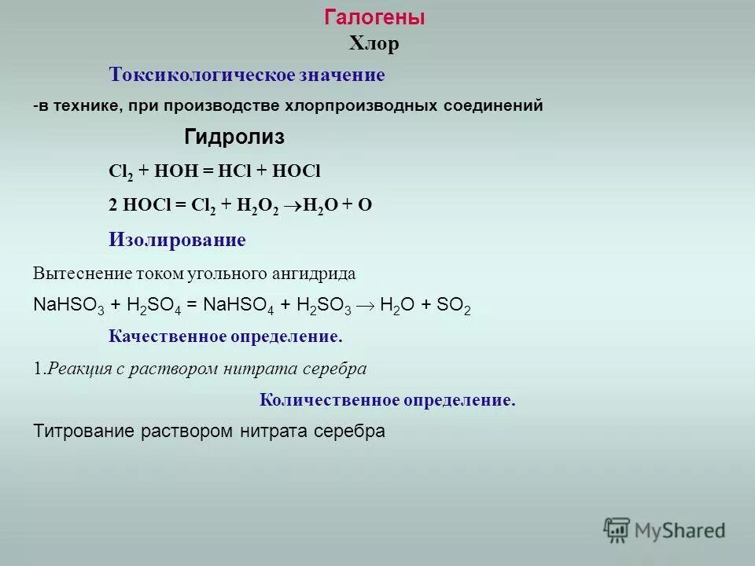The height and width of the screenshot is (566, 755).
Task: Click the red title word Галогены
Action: pos(374,18)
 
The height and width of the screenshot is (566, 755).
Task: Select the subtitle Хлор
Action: pos(374,44)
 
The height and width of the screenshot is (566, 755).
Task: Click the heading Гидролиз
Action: pos(234,138)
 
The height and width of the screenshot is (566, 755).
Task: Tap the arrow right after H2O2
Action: pos(292,206)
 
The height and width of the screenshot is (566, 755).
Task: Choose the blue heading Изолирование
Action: pos(177,241)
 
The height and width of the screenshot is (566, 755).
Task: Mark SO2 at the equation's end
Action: pos(454,307)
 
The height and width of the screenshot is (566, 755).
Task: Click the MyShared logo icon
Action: pos(617,531)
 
